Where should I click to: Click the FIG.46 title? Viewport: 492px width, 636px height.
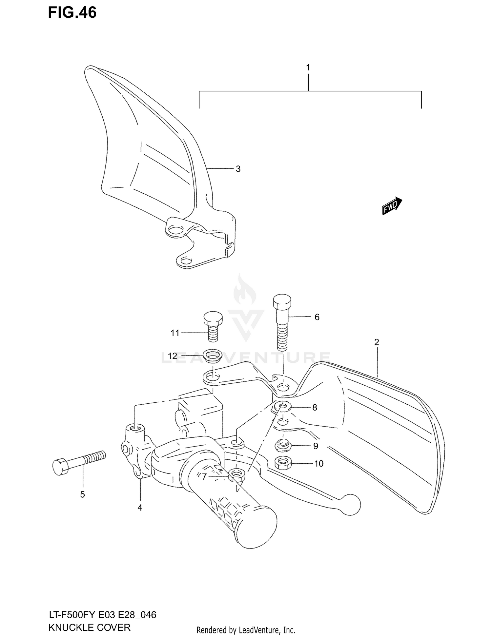coord(72,12)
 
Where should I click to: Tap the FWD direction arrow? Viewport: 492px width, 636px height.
coord(392,206)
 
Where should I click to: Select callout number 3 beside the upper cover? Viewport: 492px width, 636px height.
coord(238,169)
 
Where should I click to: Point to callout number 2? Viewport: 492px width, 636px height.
coord(376,342)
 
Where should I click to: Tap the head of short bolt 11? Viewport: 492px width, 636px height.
coord(213,318)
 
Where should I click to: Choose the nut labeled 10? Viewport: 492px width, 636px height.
coord(283,463)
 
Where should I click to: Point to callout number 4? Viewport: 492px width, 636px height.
coord(140,508)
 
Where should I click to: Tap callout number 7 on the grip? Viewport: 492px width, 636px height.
coord(204,477)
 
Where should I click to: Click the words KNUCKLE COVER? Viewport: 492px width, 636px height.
coord(89,627)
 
